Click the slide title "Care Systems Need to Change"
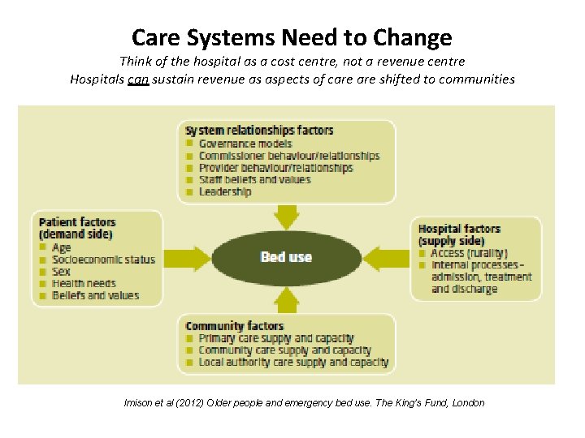(x=292, y=37)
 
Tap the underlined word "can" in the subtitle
(x=137, y=79)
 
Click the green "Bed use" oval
(x=286, y=257)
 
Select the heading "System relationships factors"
(x=259, y=131)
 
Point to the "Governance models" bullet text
(x=245, y=144)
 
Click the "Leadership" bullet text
(x=225, y=191)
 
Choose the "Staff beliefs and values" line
(x=254, y=179)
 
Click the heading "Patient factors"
(x=77, y=222)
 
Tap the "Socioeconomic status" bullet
(x=102, y=260)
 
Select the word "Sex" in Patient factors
(x=61, y=272)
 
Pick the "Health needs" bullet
(x=84, y=284)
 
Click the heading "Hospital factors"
(x=459, y=229)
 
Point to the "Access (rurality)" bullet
(x=470, y=253)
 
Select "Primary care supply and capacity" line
(x=276, y=338)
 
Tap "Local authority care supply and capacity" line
(x=293, y=363)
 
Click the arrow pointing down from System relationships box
(x=286, y=216)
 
